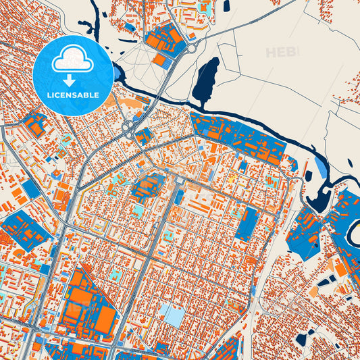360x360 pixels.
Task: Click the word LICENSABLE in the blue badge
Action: click(73, 95)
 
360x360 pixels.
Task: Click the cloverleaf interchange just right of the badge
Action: click(128, 127)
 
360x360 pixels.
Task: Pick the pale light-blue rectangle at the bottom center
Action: click(170, 314)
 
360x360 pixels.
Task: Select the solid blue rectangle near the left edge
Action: click(30, 190)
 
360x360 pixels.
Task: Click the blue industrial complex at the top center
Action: click(165, 38)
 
